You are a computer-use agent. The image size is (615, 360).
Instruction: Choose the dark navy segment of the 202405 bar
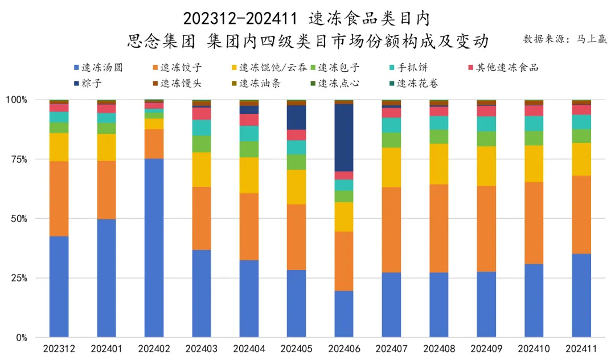pos(296,117)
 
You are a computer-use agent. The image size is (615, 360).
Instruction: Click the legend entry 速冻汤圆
pos(97,68)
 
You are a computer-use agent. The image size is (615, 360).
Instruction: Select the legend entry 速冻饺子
pos(176,68)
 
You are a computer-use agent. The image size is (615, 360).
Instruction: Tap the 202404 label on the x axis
pos(249,347)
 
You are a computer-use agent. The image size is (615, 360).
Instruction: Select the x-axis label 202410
pos(534,347)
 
